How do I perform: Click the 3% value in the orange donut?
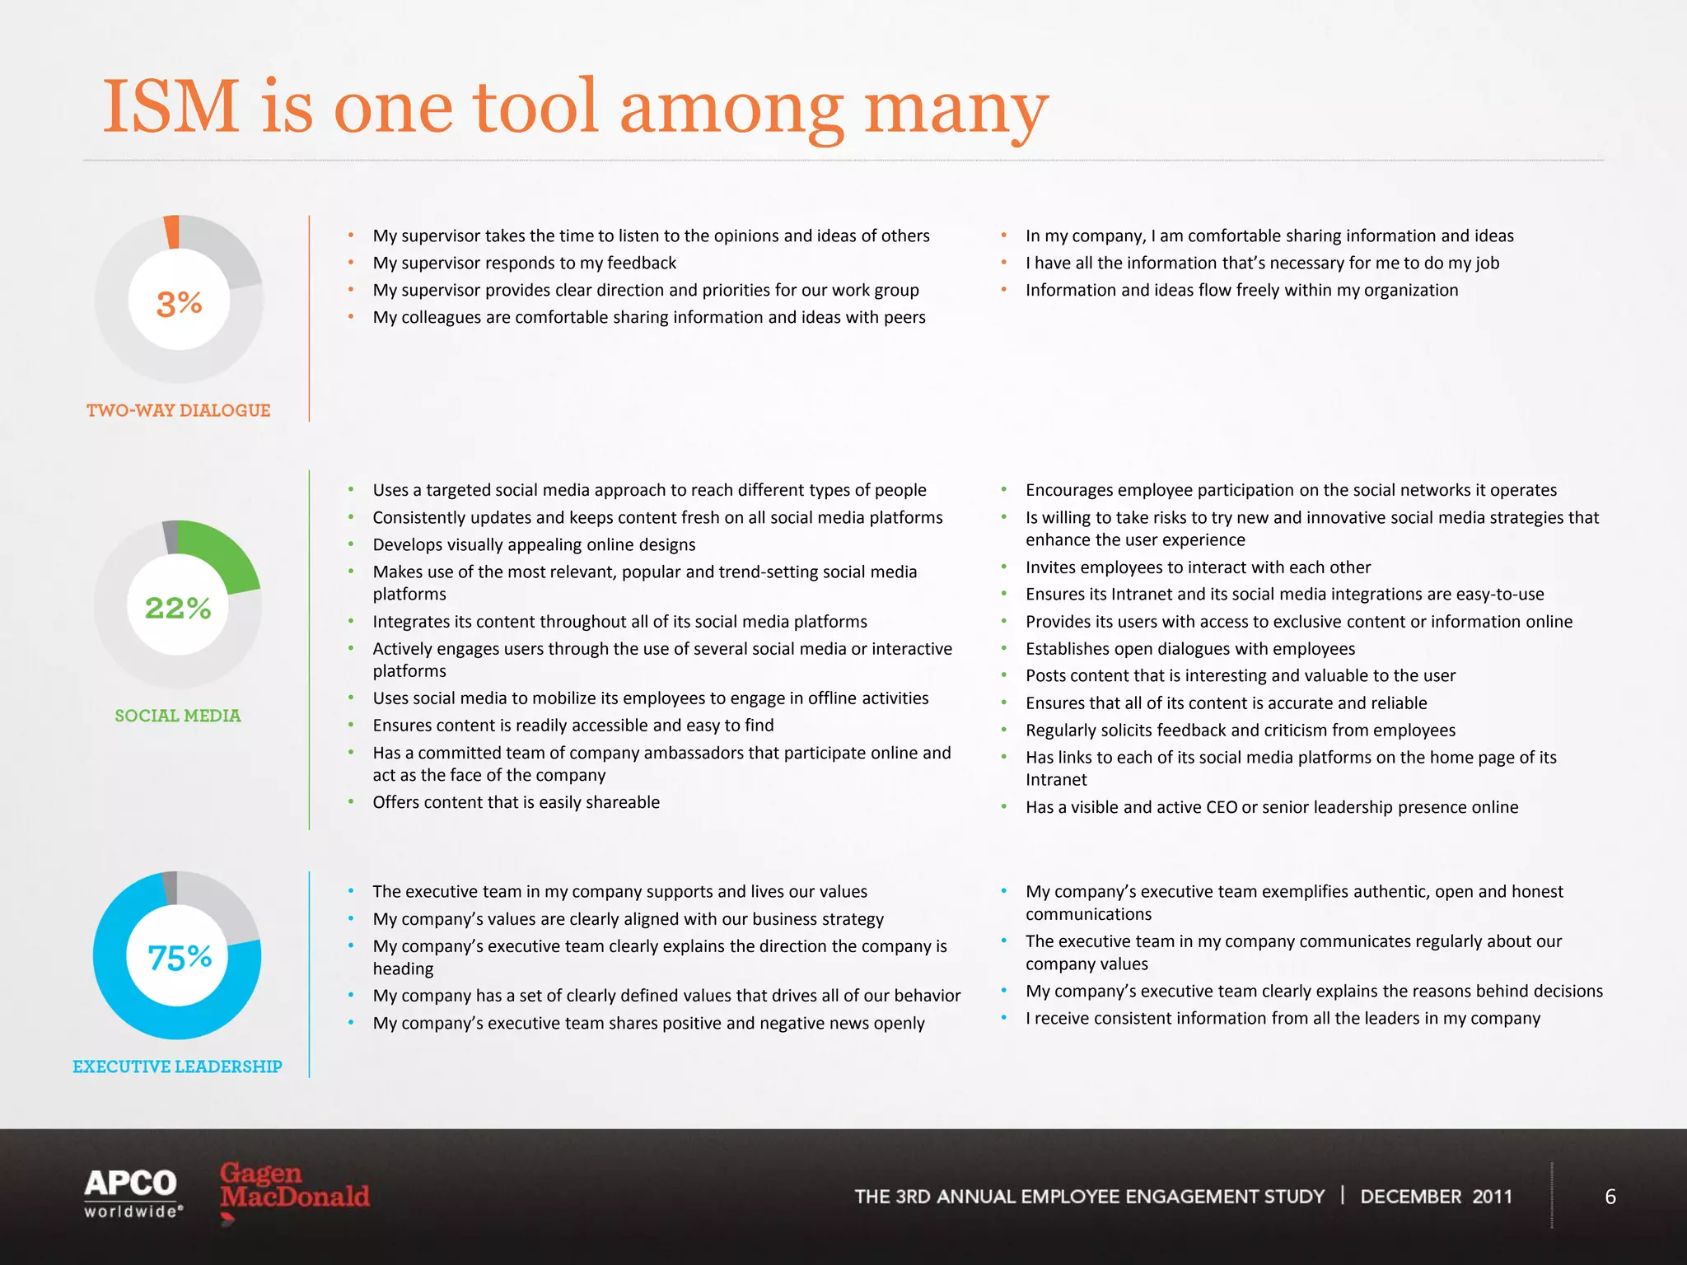coord(179,303)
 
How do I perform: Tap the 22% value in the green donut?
coord(178,608)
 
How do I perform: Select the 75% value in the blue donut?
coord(180,957)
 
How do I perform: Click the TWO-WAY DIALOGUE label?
coord(178,410)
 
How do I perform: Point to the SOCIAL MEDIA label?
coord(178,716)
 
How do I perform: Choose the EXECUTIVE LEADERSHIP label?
coord(177,1067)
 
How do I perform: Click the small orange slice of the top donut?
coord(172,231)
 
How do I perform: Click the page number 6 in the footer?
coord(1610,1197)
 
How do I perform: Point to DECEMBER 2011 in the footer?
coord(1436,1197)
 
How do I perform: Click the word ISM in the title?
coord(171,107)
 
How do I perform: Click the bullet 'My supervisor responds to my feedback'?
coord(524,263)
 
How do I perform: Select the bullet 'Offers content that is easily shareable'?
coord(516,802)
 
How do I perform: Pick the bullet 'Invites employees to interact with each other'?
coord(1198,567)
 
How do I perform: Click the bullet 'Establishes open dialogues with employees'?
coord(1189,649)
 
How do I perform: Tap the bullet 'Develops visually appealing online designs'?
coord(534,544)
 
